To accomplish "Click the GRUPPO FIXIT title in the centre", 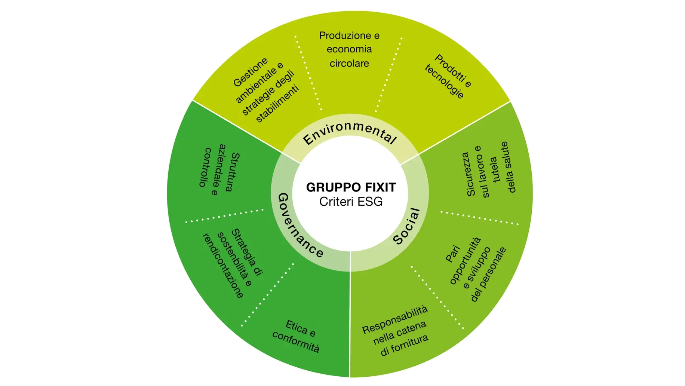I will pos(351,187).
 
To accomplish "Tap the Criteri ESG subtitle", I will pos(351,202).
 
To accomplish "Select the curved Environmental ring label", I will pos(349,133).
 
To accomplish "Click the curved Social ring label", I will pos(407,227).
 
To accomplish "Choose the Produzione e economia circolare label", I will pos(349,49).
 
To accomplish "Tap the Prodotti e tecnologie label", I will pos(448,77).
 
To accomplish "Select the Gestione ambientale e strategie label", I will pos(266,90).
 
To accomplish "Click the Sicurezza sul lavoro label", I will pos(488,171).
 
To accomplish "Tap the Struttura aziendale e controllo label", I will pos(219,170).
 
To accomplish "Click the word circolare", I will pos(349,63).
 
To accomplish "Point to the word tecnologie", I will pos(444,82).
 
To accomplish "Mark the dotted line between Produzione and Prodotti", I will pos(389,74).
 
